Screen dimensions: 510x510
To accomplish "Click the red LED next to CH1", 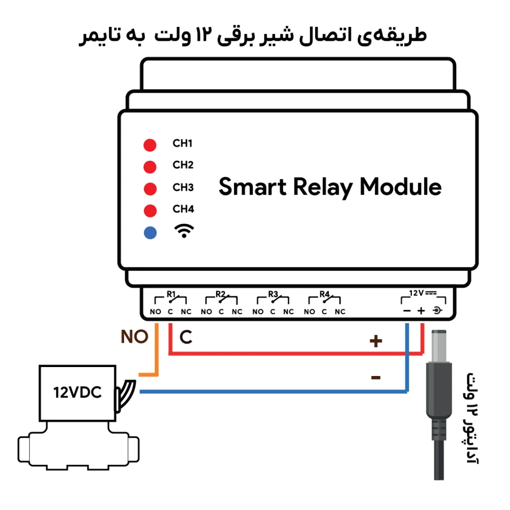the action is tap(150, 145).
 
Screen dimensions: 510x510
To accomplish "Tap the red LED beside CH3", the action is tap(150, 189).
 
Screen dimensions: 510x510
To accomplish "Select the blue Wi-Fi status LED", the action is tap(150, 233).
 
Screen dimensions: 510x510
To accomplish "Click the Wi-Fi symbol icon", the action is tap(184, 231).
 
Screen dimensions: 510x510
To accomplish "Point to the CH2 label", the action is tap(183, 165).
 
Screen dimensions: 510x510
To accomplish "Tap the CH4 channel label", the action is tap(183, 209).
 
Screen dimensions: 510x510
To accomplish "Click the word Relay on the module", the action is tap(323, 188).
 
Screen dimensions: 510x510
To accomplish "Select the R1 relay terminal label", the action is tap(171, 294).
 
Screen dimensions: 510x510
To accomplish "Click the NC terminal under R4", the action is tap(340, 312).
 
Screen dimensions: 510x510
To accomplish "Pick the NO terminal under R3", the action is tap(257, 312).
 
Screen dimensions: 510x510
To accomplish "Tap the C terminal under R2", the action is tap(221, 312).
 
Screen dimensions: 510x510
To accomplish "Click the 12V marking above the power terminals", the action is tap(416, 293).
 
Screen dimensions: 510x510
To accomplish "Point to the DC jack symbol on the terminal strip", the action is tap(437, 311).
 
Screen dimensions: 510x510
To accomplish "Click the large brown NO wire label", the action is tap(134, 337).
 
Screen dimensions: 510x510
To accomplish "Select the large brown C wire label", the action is tap(186, 337).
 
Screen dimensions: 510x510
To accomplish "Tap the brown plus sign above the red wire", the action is tap(376, 341).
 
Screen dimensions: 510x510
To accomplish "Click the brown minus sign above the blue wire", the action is tap(376, 378).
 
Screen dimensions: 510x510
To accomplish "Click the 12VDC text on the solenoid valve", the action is tap(77, 392).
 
